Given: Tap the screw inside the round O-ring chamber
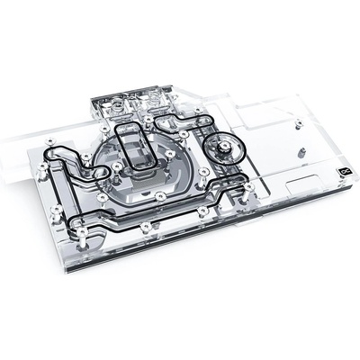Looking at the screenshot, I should pyautogui.click(x=220, y=144).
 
